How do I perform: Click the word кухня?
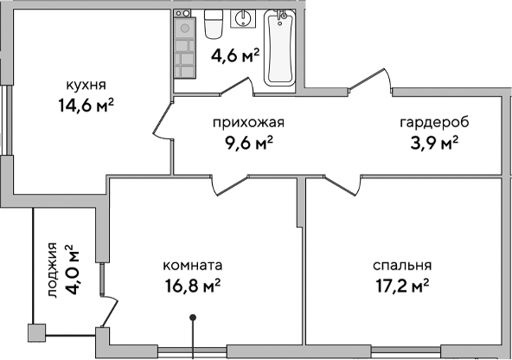(x=86, y=85)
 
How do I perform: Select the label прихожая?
(x=248, y=122)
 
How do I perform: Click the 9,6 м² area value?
(x=248, y=143)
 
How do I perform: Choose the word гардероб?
(x=428, y=122)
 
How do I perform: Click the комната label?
(x=194, y=265)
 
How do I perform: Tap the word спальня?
(x=402, y=265)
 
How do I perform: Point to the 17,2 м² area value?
(x=402, y=286)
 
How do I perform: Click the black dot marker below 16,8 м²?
(x=193, y=318)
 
